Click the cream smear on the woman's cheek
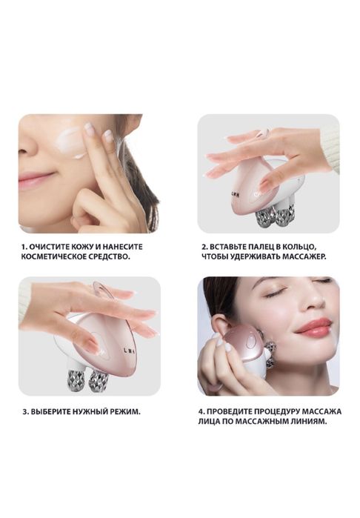pos(71,143)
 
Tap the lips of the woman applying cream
pos(34,179)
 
